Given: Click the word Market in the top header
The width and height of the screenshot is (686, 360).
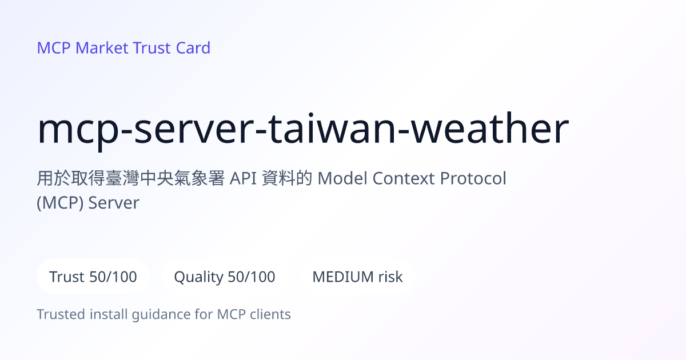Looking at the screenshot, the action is pyautogui.click(x=102, y=48).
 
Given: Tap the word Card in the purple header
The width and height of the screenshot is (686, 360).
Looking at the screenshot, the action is pyautogui.click(x=193, y=48).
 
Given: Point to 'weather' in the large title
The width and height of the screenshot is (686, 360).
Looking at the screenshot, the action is pyautogui.click(x=490, y=128).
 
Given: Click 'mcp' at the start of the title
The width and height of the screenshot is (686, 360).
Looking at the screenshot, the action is pyautogui.click(x=78, y=132).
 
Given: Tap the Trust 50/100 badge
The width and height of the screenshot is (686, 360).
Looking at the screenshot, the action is pyautogui.click(x=93, y=277).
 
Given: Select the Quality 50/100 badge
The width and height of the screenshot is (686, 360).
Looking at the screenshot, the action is pyautogui.click(x=225, y=277).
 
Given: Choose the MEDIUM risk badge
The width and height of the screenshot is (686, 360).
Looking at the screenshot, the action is pyautogui.click(x=357, y=277).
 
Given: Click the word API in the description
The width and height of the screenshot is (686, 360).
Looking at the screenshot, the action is pyautogui.click(x=243, y=178).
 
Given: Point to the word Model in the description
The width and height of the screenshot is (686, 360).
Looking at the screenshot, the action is pyautogui.click(x=342, y=178).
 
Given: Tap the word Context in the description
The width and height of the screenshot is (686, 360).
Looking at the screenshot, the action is pyautogui.click(x=404, y=178).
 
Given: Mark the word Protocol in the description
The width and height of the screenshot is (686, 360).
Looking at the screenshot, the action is pyautogui.click(x=473, y=178).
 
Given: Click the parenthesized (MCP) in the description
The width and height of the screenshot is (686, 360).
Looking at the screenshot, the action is pyautogui.click(x=60, y=203).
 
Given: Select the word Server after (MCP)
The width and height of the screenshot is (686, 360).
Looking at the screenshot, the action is pyautogui.click(x=114, y=203).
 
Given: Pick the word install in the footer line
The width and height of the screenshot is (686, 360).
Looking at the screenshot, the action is pyautogui.click(x=109, y=314).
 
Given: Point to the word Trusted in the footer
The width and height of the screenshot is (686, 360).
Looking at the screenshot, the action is pyautogui.click(x=61, y=314).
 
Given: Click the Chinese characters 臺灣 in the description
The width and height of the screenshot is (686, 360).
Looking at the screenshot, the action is pyautogui.click(x=122, y=178).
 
